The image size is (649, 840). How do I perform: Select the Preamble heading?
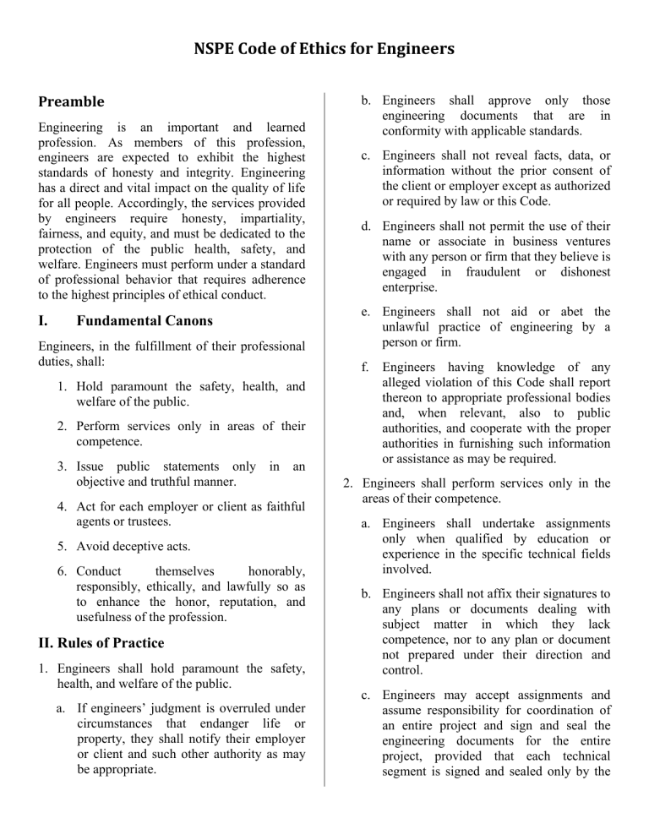tap(72, 101)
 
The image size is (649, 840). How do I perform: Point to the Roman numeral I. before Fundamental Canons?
tap(45, 321)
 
